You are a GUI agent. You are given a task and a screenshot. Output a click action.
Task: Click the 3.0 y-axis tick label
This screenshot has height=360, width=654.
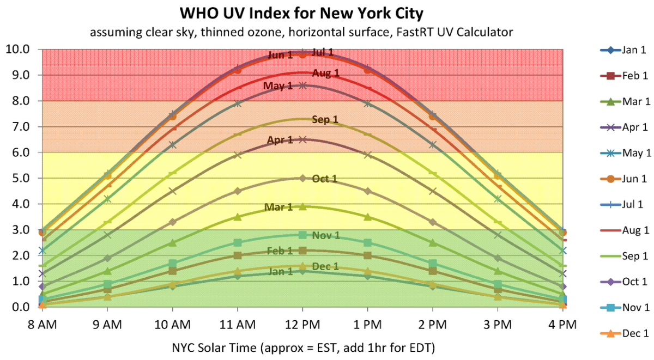point(20,230)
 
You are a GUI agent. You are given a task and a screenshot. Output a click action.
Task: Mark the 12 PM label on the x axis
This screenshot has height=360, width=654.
point(302,325)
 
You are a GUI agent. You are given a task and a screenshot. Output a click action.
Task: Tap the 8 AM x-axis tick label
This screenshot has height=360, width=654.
point(42,325)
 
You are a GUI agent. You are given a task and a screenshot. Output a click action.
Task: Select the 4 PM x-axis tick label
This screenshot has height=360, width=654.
point(562,325)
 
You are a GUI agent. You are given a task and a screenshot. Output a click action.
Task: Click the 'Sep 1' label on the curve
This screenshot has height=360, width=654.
point(325,120)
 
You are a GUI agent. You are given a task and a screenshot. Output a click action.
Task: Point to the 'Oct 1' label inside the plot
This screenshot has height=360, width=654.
point(325,179)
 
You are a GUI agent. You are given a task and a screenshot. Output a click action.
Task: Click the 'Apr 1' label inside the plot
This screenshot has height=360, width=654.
point(280,141)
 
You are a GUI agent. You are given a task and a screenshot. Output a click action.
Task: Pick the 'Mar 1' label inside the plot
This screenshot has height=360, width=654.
point(278,208)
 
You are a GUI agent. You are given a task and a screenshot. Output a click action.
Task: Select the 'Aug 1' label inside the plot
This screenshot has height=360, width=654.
point(326,74)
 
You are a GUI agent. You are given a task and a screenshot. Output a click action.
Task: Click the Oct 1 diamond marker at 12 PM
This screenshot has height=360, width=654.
point(302,178)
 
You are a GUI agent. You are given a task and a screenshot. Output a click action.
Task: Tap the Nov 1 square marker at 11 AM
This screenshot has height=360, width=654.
point(238,242)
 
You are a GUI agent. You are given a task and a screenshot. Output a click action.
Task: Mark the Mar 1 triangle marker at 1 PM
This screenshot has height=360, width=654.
point(367,217)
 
